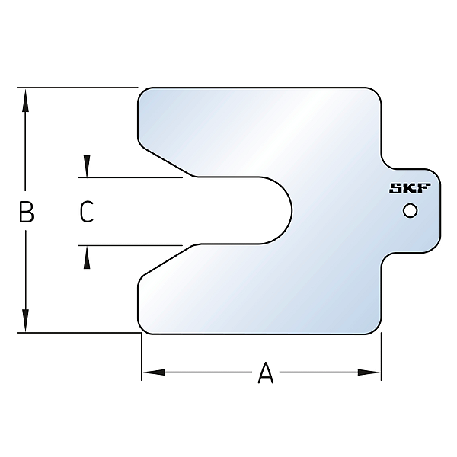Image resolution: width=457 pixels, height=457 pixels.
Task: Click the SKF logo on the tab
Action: (410, 189)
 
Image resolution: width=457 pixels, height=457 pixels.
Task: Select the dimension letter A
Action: (265, 373)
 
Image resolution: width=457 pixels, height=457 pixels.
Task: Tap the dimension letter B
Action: (26, 212)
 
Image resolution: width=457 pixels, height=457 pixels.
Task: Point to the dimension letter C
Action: (87, 212)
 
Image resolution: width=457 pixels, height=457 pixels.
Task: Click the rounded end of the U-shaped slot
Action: (290, 210)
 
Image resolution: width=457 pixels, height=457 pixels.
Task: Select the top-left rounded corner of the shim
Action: (142, 92)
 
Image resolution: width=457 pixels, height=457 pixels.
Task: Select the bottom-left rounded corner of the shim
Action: (142, 328)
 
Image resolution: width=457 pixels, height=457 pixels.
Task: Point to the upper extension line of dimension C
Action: (129, 177)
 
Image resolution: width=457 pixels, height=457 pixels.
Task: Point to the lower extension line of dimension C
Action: (129, 245)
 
